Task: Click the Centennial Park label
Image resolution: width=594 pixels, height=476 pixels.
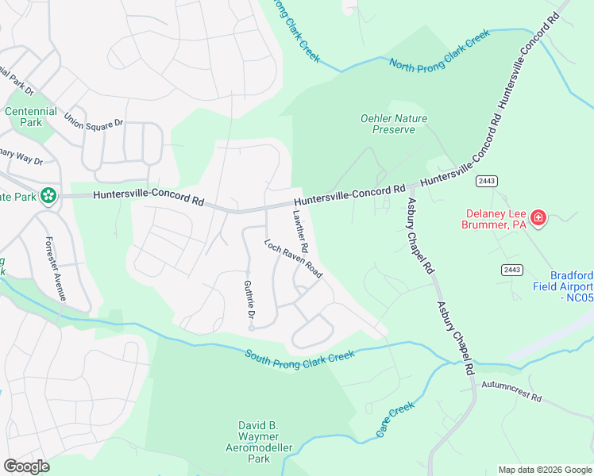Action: (31, 117)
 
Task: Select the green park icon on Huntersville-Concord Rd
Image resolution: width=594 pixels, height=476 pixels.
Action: (48, 194)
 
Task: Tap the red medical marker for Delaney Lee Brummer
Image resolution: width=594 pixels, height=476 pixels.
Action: (538, 217)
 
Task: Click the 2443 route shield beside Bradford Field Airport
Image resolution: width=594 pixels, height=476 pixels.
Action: (511, 270)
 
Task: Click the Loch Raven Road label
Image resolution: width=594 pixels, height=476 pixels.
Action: (293, 259)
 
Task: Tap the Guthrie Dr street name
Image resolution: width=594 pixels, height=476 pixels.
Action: (249, 305)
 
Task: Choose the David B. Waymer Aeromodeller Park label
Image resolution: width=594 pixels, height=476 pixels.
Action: (259, 442)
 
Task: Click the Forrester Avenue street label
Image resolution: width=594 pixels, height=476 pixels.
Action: (56, 268)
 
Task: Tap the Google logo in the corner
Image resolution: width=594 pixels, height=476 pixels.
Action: (26, 466)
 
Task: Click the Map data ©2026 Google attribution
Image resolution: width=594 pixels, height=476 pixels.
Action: (544, 470)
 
